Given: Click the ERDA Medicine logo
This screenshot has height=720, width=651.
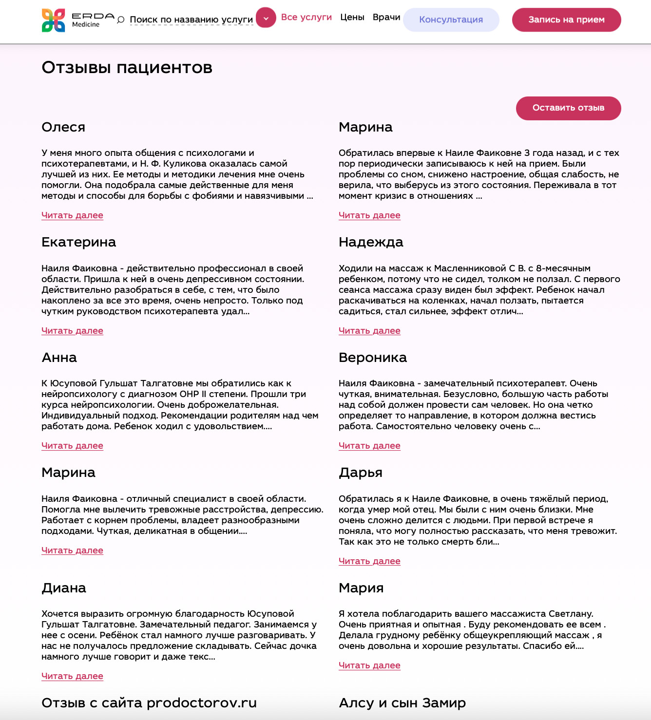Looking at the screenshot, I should point(77,20).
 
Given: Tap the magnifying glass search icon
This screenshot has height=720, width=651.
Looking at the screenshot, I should point(121,20).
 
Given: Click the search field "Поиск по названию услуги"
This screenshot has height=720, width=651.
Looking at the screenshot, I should point(191,20).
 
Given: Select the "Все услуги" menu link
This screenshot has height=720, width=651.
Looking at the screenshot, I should point(306,17).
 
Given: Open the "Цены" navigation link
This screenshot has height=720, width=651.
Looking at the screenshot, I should point(352,17).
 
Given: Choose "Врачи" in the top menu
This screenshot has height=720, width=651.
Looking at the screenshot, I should point(386,17).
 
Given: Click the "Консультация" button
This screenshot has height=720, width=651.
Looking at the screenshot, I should point(451,20).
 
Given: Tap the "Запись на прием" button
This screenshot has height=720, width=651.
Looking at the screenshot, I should point(566,20).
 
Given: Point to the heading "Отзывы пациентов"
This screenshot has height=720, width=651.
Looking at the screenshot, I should point(127,67).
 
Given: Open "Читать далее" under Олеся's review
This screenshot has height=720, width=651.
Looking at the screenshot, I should point(72,215).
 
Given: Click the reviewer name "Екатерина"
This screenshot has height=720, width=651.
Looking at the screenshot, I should point(78,242).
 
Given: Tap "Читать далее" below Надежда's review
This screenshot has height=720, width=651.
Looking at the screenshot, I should point(369,331).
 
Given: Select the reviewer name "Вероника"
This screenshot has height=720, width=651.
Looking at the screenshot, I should point(372,358).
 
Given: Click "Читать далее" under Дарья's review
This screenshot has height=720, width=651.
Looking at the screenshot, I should point(369,561).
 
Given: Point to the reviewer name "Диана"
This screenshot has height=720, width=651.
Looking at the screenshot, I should point(64,588).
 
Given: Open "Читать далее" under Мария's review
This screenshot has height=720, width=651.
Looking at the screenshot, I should point(369,665).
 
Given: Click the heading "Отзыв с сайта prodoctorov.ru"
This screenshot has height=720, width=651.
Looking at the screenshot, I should point(149,703).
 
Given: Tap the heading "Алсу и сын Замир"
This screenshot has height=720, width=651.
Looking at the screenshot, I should point(402,703).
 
